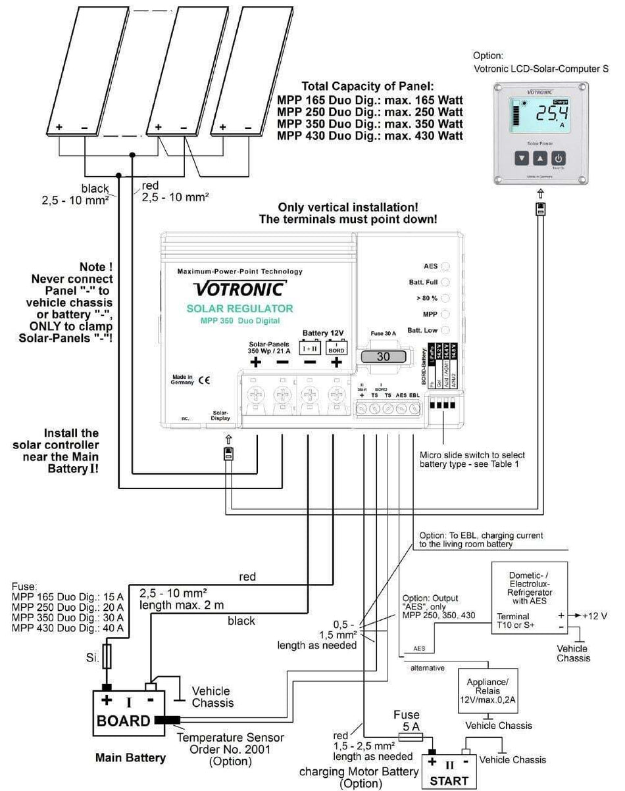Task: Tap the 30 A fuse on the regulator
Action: [383, 356]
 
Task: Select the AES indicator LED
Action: [445, 266]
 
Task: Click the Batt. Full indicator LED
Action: [445, 282]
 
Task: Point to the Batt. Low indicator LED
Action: [445, 330]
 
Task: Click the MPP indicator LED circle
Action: [445, 314]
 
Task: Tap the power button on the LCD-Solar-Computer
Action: [558, 158]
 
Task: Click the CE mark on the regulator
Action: [204, 380]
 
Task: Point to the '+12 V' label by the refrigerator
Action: [595, 617]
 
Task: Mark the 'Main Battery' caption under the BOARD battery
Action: [130, 757]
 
